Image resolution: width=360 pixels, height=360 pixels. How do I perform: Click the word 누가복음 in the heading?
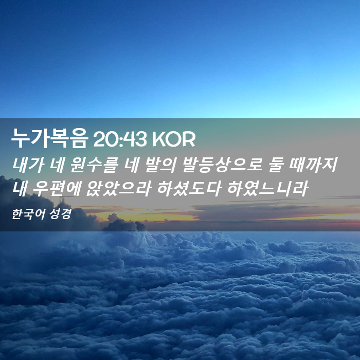[49, 138]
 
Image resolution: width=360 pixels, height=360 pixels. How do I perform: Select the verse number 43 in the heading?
[135, 139]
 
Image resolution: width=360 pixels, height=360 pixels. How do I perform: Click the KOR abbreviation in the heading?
[174, 139]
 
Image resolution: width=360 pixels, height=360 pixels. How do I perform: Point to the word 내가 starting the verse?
[28, 165]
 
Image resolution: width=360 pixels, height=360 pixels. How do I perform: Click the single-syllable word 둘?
[276, 165]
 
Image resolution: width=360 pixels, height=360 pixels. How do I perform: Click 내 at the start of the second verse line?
[20, 189]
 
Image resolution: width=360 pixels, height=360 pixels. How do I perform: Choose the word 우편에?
[56, 189]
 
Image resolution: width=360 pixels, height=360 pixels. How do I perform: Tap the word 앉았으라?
[118, 189]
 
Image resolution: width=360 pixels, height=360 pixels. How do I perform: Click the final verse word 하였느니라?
[268, 189]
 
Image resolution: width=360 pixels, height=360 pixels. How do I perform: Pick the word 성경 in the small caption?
[60, 214]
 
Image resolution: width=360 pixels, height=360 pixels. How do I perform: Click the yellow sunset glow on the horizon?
[147, 217]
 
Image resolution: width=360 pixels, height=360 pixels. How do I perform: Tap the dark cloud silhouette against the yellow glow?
[124, 224]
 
